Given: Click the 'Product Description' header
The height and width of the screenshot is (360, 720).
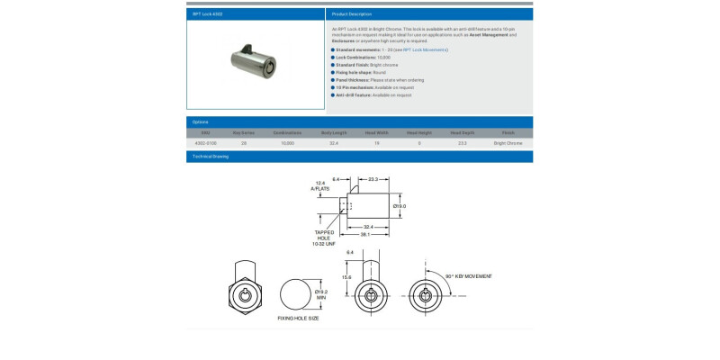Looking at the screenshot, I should click(x=352, y=14).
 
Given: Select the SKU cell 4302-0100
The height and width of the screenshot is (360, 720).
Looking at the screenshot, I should click(x=207, y=143).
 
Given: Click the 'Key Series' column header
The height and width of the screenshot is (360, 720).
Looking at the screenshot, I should click(x=244, y=132).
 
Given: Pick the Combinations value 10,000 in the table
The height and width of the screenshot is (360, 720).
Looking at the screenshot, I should click(x=288, y=143).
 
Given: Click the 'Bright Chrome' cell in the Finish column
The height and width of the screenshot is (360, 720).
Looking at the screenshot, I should click(x=508, y=143).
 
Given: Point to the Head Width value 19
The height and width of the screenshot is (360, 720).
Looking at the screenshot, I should click(x=377, y=143).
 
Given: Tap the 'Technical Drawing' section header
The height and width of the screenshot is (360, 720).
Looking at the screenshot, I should click(x=210, y=157).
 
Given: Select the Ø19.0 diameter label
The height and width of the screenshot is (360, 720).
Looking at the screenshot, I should click(x=400, y=206).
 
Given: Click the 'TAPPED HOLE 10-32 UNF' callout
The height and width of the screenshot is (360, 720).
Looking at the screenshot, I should click(x=324, y=238).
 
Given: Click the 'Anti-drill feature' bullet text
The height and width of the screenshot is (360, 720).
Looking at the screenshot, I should click(x=374, y=94).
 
